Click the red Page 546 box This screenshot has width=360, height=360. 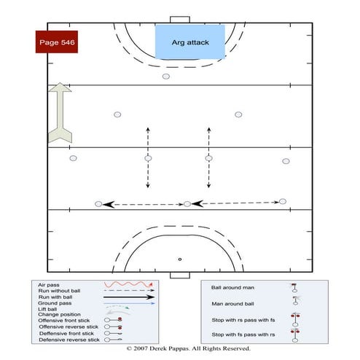click(55, 42)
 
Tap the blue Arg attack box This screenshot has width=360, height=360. click(190, 42)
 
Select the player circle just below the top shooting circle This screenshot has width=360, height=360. click(166, 77)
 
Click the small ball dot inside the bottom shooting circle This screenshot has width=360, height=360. click(179, 259)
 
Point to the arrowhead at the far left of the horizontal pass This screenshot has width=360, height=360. click(108, 205)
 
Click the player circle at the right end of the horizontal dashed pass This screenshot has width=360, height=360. click(282, 202)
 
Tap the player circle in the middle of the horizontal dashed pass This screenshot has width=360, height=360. click(187, 204)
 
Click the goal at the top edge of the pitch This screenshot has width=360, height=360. click(179, 20)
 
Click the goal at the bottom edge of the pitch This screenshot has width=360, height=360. click(179, 275)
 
